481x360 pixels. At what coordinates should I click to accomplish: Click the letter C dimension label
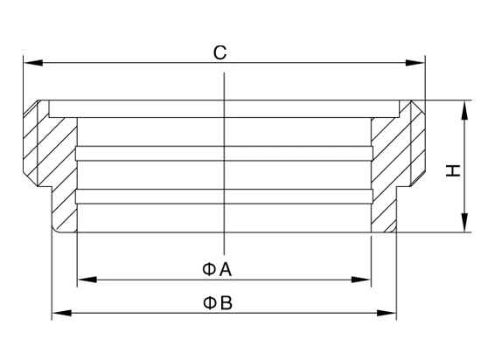pyautogui.click(x=220, y=52)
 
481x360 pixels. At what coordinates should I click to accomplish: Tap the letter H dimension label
pyautogui.click(x=453, y=170)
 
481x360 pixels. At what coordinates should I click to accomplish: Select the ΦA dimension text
pyautogui.click(x=217, y=270)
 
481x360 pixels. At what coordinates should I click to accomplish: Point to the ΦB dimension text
pyautogui.click(x=218, y=302)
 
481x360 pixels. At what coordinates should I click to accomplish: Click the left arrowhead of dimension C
pyautogui.click(x=33, y=63)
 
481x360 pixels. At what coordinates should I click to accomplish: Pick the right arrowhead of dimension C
pyautogui.click(x=415, y=63)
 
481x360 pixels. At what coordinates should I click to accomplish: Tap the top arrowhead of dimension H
pyautogui.click(x=464, y=110)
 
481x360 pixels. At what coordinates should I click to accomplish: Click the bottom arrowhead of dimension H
pyautogui.click(x=464, y=223)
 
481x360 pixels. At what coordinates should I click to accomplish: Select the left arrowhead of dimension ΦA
pyautogui.click(x=87, y=280)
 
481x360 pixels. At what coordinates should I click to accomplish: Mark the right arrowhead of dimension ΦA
pyautogui.click(x=361, y=280)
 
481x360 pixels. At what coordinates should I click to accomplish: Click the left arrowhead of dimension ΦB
pyautogui.click(x=62, y=313)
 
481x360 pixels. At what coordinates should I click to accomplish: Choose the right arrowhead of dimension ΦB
pyautogui.click(x=387, y=313)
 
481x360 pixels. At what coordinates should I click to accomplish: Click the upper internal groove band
pyautogui.click(x=224, y=153)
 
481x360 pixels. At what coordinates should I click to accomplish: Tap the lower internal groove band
pyautogui.click(x=224, y=197)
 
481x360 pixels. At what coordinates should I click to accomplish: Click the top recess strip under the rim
pyautogui.click(x=224, y=108)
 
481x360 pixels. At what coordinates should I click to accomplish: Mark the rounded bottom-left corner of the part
pyautogui.click(x=55, y=229)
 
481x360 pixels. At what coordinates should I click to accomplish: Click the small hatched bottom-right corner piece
pyautogui.click(x=390, y=228)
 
